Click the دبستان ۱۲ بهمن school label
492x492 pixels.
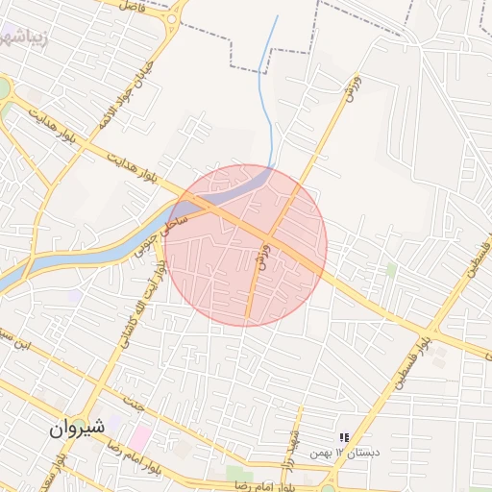(351, 451)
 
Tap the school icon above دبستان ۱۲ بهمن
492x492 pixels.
(345, 437)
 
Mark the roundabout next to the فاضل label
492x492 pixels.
(171, 17)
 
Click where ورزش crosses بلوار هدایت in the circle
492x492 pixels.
(269, 234)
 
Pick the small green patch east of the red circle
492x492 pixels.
(391, 270)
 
